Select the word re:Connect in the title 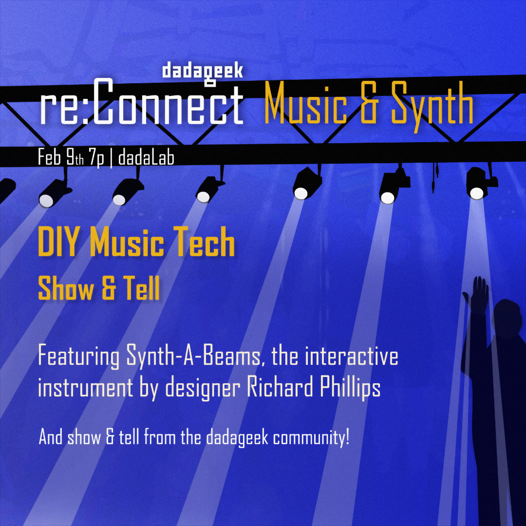142,103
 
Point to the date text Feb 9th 60,157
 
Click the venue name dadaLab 146,157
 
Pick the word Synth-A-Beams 193,357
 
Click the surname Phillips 350,388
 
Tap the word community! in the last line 311,437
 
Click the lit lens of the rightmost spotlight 476,193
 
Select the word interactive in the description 352,356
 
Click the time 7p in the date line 97,158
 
